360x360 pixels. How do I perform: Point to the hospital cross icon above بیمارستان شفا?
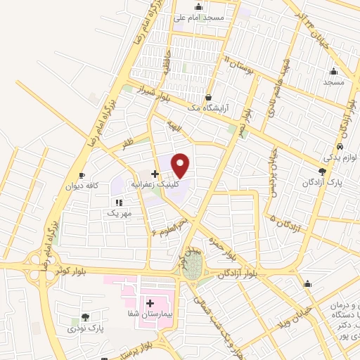pyautogui.click(x=150, y=303)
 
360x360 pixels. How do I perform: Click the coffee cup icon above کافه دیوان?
pyautogui.click(x=82, y=175)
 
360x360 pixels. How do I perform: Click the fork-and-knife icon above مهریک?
pyautogui.click(x=119, y=202)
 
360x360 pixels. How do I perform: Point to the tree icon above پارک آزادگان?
pyautogui.click(x=322, y=171)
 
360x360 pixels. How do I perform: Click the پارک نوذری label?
pyautogui.click(x=85, y=328)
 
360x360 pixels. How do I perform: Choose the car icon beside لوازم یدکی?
pyautogui.click(x=340, y=146)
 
